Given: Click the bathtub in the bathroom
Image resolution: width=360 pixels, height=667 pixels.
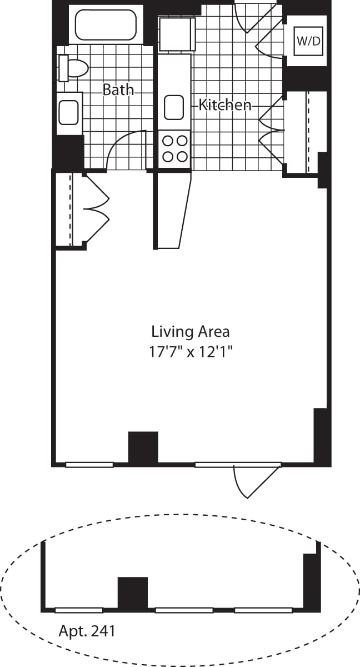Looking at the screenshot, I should [105, 24].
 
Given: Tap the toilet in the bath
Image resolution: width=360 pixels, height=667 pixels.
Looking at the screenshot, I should [75, 68].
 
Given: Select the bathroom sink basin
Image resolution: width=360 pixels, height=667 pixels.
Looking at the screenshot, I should [69, 112].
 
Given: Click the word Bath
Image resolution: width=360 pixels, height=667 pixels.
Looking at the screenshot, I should [118, 89].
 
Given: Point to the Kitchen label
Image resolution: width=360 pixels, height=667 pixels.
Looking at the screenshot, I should [225, 104].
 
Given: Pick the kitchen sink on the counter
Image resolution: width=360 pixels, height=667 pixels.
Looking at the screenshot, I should [174, 107].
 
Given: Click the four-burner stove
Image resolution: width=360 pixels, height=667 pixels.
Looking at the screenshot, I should [174, 148].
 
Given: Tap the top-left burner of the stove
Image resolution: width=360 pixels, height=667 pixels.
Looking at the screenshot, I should [167, 141].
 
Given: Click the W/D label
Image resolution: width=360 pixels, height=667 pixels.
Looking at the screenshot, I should [309, 41].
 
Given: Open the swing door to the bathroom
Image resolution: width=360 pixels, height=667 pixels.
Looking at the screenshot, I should [125, 151].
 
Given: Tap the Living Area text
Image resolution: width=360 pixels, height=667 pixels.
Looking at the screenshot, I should [191, 332].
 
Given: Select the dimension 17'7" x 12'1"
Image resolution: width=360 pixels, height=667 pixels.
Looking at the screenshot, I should [191, 352].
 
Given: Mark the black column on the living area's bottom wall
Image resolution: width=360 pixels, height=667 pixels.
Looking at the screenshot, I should [143, 447].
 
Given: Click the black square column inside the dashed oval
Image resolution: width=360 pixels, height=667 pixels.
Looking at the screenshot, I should [133, 593].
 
